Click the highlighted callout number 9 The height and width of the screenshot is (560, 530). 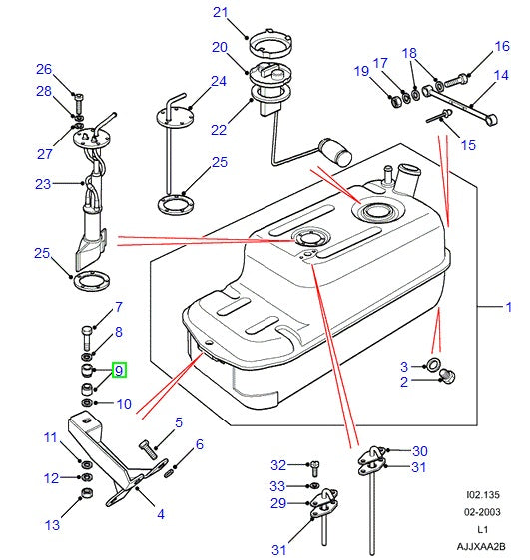click(x=118, y=371)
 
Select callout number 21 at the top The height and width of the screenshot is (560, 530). click(x=221, y=13)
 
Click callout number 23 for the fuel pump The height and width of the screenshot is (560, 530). click(x=42, y=183)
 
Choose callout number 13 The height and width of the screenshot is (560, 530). click(x=51, y=524)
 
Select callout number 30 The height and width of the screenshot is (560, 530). click(x=419, y=451)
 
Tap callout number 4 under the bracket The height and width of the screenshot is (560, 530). click(x=160, y=515)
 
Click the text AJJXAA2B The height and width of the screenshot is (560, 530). click(x=483, y=546)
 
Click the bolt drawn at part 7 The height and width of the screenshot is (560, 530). click(x=88, y=331)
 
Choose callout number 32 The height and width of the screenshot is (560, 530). click(x=278, y=464)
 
